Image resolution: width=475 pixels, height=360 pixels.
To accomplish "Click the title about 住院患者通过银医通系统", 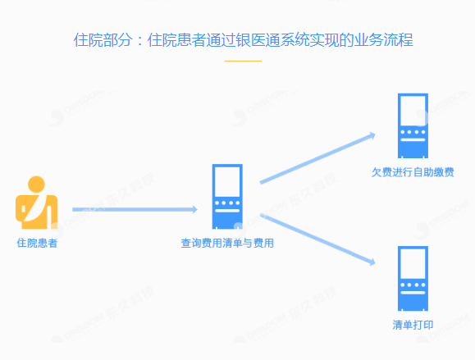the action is point(244,40).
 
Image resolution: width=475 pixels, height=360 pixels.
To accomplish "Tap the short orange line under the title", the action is point(243,61).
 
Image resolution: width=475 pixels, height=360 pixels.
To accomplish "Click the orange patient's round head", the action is point(36,185).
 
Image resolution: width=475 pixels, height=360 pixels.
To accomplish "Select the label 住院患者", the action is point(37,243).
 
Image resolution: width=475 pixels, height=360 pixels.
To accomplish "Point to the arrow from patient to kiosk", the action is point(135,209).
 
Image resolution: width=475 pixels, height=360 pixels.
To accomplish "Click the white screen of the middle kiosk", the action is point(227,182).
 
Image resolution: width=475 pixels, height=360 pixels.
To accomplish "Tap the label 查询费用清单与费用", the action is point(227,243).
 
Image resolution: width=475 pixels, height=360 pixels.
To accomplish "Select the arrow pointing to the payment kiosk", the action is point(317,158).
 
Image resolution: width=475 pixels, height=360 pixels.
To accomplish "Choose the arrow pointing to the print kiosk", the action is point(317,239).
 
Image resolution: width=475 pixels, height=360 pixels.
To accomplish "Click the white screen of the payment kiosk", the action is point(413,111).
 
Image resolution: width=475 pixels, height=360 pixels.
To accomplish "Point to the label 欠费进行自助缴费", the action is point(413,172).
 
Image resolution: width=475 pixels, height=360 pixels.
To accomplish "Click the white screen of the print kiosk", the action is point(413,263).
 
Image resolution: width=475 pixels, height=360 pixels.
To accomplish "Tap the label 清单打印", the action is point(413,325).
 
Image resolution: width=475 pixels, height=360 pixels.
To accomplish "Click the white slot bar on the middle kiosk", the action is point(227,211).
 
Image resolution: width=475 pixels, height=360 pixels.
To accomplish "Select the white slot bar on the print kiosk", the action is point(413,293).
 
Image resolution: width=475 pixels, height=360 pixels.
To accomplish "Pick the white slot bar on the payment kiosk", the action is point(413,140).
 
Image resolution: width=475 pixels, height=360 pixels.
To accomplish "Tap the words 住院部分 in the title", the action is point(103,40).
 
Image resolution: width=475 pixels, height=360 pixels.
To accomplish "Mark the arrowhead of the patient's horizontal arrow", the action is point(194,209).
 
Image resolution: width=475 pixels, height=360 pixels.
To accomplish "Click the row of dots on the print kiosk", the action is point(413,285).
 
